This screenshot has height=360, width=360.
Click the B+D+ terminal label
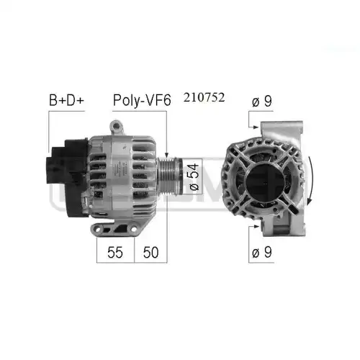tap(66, 100)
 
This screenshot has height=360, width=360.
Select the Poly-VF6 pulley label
tap(142, 101)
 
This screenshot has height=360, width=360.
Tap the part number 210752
tap(204, 97)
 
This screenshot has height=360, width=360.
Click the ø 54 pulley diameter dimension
tap(194, 177)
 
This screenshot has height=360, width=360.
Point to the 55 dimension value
tap(115, 252)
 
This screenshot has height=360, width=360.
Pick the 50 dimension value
tap(150, 252)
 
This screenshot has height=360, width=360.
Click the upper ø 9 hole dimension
tap(262, 102)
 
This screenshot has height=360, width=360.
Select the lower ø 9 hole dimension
tap(262, 252)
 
